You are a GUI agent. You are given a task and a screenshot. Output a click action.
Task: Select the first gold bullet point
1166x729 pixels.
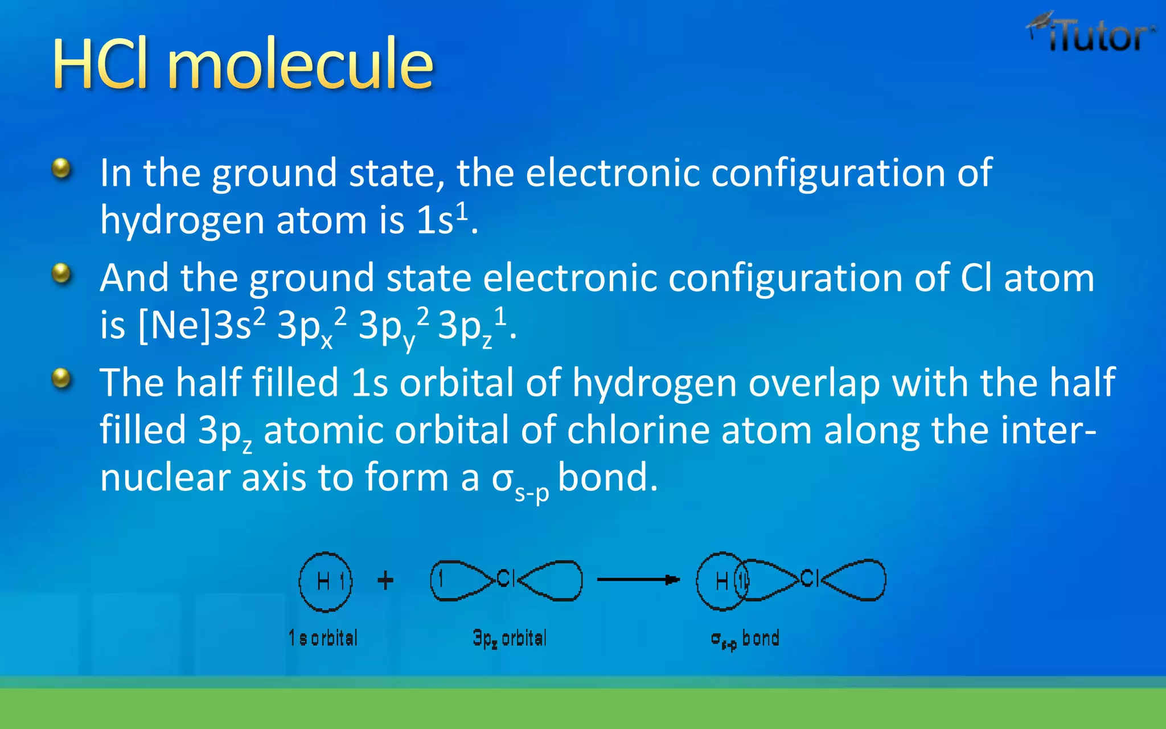click(x=61, y=169)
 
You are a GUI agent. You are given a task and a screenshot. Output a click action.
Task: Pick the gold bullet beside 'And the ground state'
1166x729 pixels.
click(x=61, y=273)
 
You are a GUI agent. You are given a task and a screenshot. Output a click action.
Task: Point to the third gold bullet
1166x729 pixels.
click(x=61, y=378)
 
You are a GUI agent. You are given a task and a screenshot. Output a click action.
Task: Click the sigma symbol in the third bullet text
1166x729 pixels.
click(x=503, y=478)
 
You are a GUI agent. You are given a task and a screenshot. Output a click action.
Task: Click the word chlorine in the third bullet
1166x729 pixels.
click(x=638, y=430)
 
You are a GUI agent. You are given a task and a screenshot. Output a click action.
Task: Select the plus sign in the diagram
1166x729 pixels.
click(x=385, y=580)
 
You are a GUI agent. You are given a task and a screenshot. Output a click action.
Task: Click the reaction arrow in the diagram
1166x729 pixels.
click(x=638, y=580)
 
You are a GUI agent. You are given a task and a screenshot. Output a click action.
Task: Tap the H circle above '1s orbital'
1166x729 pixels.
click(x=326, y=581)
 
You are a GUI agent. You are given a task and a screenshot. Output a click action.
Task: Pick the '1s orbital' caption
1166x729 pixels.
click(x=323, y=638)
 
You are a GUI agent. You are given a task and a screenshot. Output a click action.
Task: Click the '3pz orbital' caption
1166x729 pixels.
click(x=510, y=638)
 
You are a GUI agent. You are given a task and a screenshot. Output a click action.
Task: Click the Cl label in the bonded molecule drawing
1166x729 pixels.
click(x=809, y=579)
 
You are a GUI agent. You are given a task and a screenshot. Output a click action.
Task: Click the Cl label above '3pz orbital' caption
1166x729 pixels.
click(x=506, y=579)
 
